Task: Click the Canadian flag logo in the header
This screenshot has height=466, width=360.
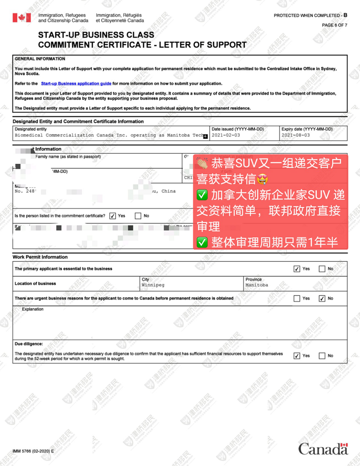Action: (x=21, y=18)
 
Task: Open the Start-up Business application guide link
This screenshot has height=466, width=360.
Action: (x=76, y=84)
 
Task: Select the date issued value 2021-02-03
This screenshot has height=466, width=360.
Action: (x=226, y=135)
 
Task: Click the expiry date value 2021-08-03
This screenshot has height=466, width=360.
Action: (x=296, y=135)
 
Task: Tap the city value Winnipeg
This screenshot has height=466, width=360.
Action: (x=153, y=285)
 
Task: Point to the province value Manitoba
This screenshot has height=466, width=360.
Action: (x=257, y=285)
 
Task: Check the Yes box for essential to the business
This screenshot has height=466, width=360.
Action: (x=297, y=269)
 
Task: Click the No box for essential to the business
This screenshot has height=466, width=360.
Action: (x=322, y=269)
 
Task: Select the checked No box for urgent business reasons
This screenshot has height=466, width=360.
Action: (x=322, y=298)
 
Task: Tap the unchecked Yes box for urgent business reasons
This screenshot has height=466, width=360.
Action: (x=297, y=298)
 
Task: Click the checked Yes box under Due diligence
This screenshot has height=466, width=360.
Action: (x=297, y=356)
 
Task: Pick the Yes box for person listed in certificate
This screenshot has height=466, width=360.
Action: (x=112, y=216)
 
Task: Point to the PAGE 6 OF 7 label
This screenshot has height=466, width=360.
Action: (x=334, y=25)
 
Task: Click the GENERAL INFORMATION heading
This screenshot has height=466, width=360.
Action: (x=40, y=59)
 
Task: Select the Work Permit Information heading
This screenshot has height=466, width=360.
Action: (x=40, y=258)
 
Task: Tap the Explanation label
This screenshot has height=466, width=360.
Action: (x=33, y=309)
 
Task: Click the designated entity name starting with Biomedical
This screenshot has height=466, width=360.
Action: (x=108, y=135)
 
